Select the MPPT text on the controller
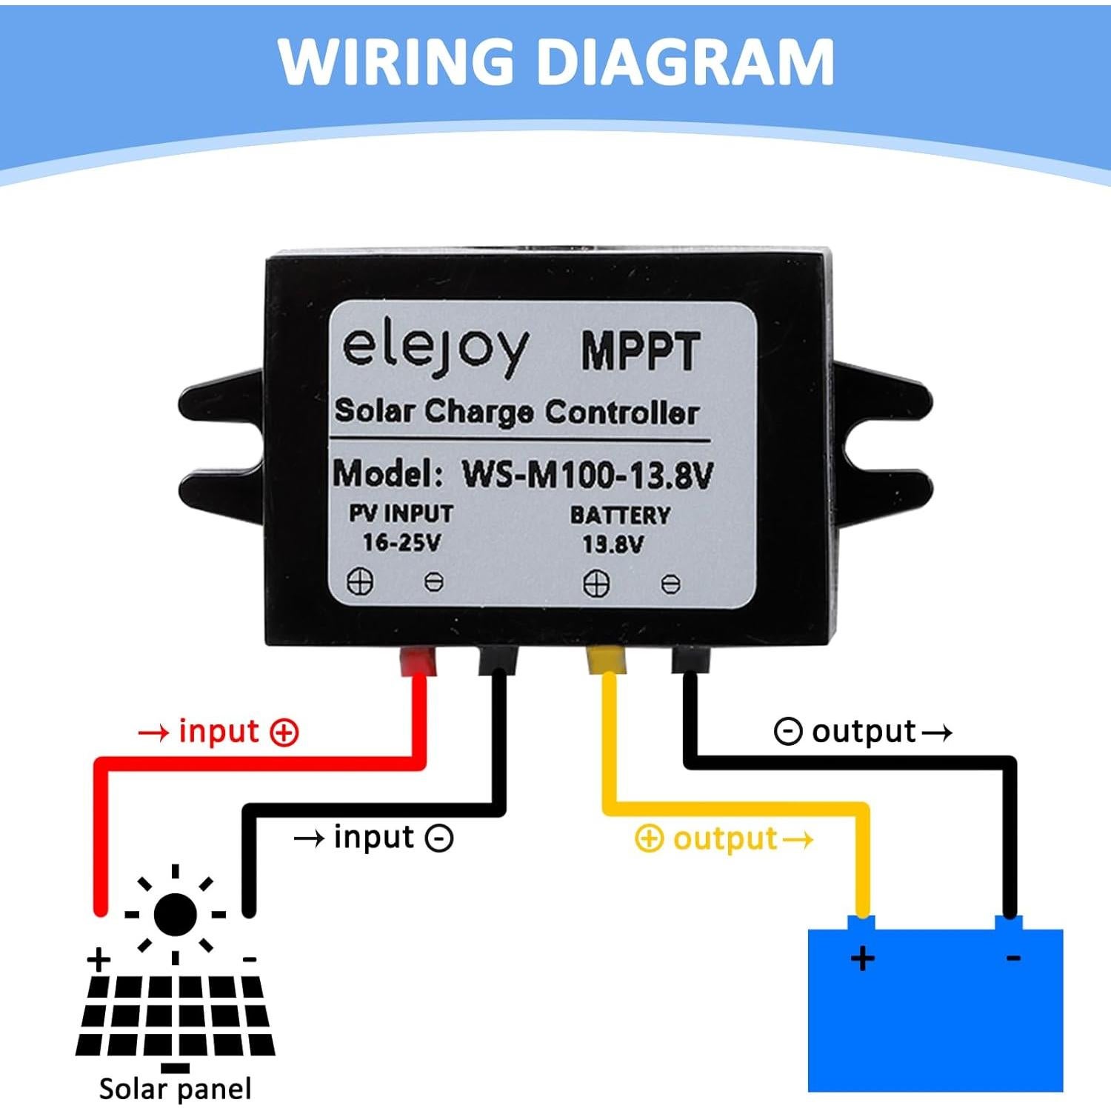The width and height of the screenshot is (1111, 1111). click(x=641, y=351)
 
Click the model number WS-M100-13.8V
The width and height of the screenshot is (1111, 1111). click(x=587, y=475)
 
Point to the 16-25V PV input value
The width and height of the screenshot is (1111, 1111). click(x=401, y=542)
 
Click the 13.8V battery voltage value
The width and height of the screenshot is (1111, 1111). click(x=613, y=544)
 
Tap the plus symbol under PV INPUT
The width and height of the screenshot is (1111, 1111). click(x=360, y=582)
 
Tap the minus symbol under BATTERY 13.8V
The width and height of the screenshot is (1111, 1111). click(x=670, y=584)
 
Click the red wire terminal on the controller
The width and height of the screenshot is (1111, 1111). click(x=418, y=661)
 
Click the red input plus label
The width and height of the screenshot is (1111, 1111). click(x=218, y=732)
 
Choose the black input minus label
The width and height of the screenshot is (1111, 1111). click(x=373, y=838)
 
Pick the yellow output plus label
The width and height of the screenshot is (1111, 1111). click(x=724, y=838)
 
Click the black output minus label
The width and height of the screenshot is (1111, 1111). click(x=863, y=732)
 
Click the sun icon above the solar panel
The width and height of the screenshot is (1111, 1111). click(x=176, y=914)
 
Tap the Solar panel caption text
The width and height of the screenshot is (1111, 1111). click(x=176, y=1089)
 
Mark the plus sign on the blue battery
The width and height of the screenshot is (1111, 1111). click(x=862, y=958)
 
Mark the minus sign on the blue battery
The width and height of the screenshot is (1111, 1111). click(x=1013, y=958)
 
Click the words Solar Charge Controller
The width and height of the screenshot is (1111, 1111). click(x=516, y=412)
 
